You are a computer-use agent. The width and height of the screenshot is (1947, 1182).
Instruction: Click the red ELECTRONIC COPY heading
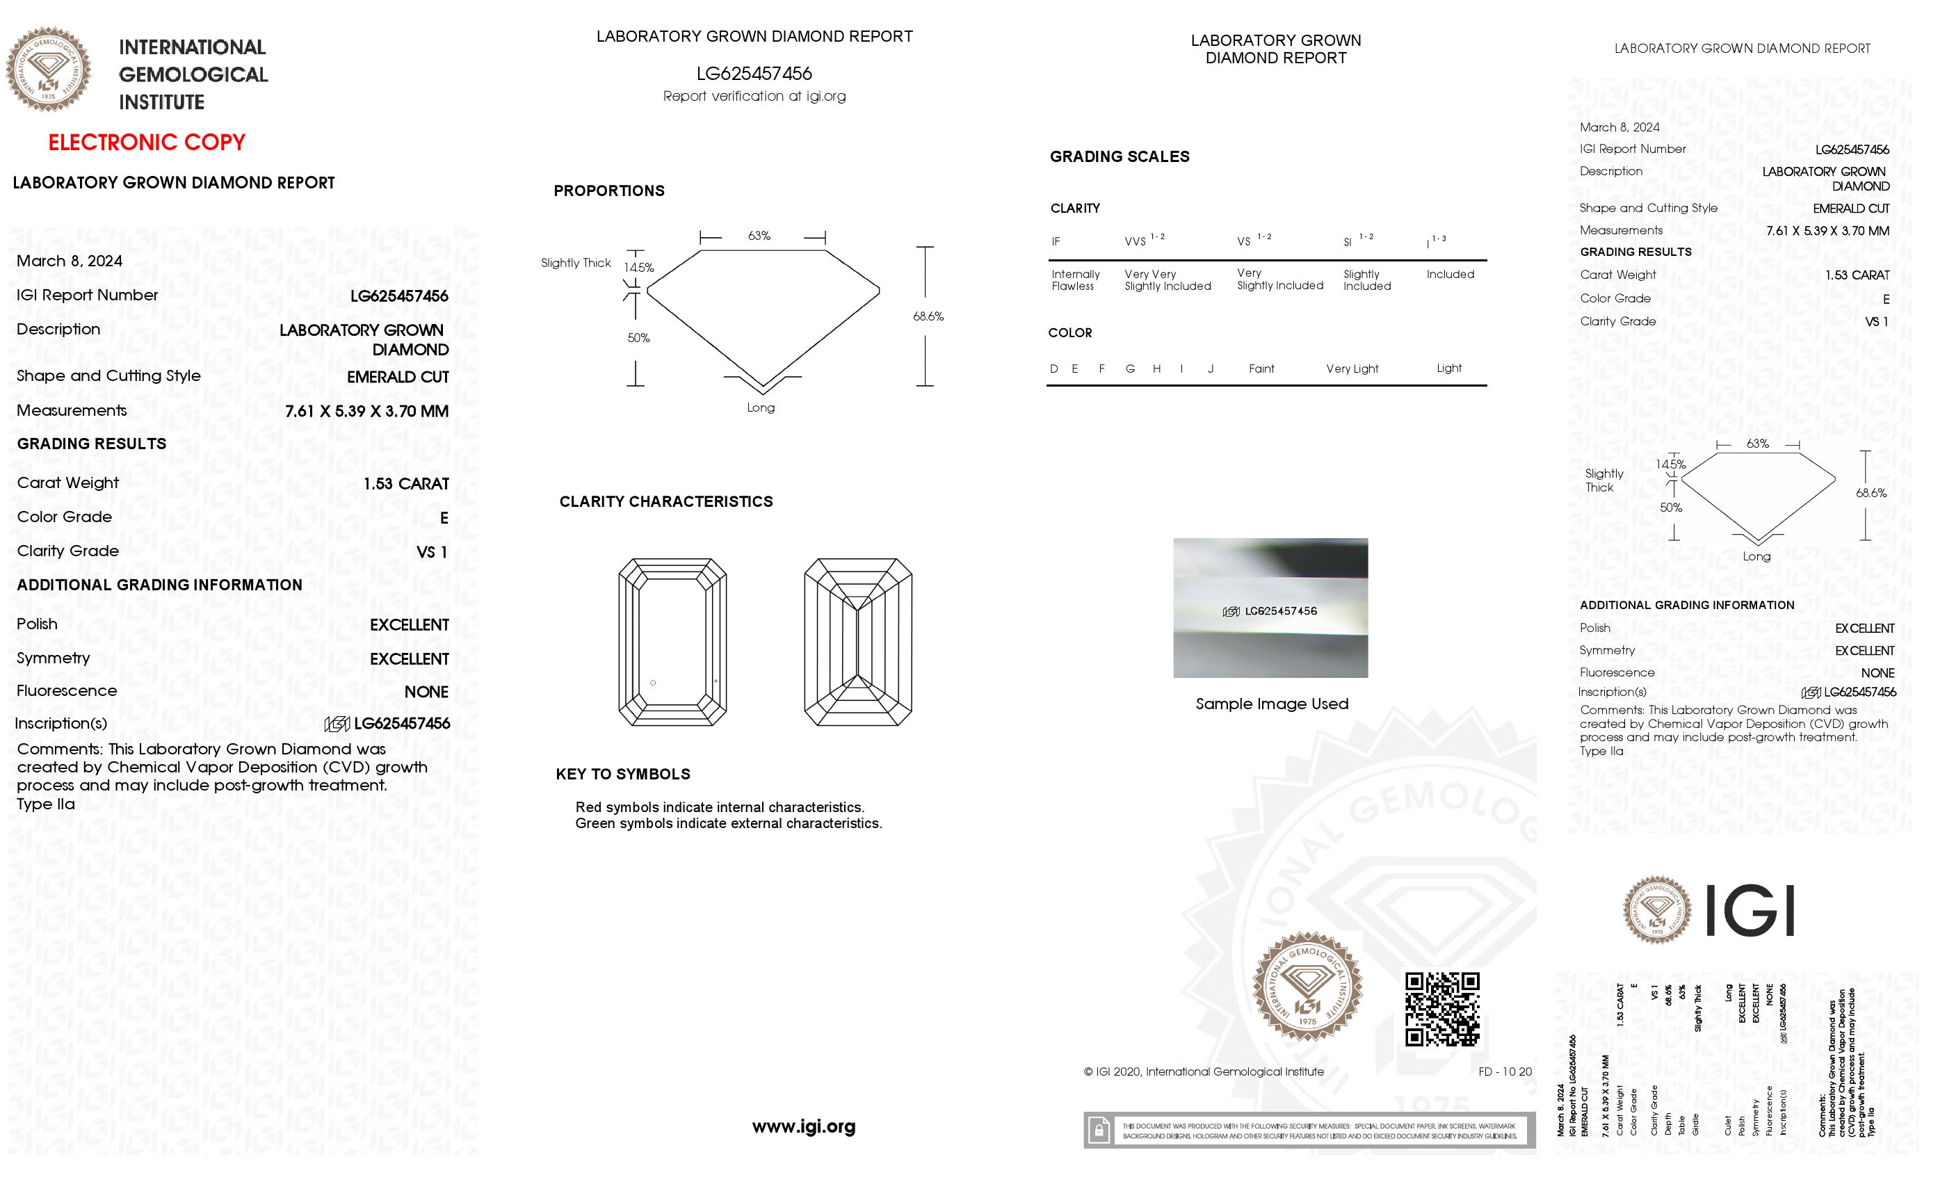tap(147, 143)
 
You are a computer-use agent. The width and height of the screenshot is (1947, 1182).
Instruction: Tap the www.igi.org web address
tap(803, 1126)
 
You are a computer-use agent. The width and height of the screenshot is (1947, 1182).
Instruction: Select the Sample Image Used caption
tap(1271, 703)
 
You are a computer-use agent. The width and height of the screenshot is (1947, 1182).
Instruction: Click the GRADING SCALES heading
tap(1119, 156)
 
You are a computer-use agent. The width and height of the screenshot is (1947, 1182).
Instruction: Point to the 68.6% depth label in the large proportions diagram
tap(928, 316)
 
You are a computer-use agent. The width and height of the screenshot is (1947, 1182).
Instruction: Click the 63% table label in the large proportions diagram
tap(759, 236)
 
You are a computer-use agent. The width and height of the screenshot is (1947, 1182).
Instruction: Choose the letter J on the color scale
tap(1210, 369)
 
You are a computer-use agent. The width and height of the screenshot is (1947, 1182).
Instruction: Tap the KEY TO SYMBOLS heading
tap(622, 775)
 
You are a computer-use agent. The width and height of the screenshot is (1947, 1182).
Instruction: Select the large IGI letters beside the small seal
tap(1750, 910)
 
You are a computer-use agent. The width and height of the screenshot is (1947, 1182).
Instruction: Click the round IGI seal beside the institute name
tap(48, 70)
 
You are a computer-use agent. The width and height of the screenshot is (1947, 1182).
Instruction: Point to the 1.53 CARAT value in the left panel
tap(405, 483)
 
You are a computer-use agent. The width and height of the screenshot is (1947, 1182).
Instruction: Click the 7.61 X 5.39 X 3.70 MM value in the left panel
tap(366, 411)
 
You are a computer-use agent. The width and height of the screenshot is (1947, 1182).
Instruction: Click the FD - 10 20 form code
tap(1505, 1071)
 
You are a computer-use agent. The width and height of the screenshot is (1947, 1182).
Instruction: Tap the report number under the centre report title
tap(754, 74)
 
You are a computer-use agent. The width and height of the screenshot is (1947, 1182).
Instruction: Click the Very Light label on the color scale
tap(1351, 369)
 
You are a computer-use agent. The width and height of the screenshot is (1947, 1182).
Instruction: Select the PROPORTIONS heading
tap(608, 191)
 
